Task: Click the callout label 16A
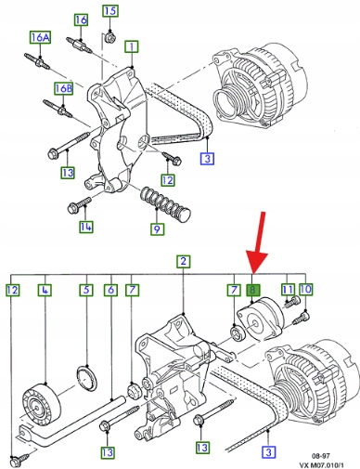pyautogui.click(x=40, y=37)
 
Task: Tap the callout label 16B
pyautogui.click(x=64, y=88)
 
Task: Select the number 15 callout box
pyautogui.click(x=110, y=11)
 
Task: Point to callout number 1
pyautogui.click(x=132, y=47)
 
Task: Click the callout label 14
pyautogui.click(x=85, y=227)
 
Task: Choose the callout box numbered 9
pyautogui.click(x=157, y=229)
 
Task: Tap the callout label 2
pyautogui.click(x=184, y=261)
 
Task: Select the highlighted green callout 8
pyautogui.click(x=253, y=291)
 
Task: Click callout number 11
pyautogui.click(x=288, y=290)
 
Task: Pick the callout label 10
pyautogui.click(x=305, y=289)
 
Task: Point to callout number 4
pyautogui.click(x=45, y=290)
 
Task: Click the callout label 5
pyautogui.click(x=86, y=290)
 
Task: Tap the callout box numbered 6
pyautogui.click(x=110, y=290)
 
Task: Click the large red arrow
pyautogui.click(x=259, y=241)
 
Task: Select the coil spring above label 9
pyautogui.click(x=165, y=203)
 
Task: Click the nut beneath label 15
pyautogui.click(x=109, y=37)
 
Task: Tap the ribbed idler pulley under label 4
pyautogui.click(x=41, y=400)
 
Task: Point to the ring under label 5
pyautogui.click(x=87, y=378)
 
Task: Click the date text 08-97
pyautogui.click(x=320, y=456)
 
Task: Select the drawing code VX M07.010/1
pyautogui.click(x=321, y=464)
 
